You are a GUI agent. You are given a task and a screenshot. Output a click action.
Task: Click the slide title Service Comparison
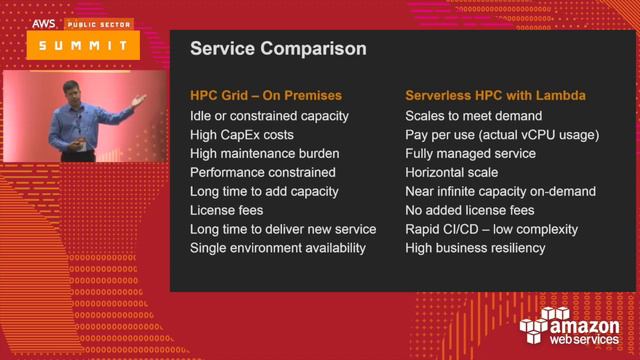pos(263,48)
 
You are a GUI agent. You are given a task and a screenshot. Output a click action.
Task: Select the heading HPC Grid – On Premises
pos(265,97)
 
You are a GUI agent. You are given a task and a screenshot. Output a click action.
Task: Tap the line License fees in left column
pos(227,210)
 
